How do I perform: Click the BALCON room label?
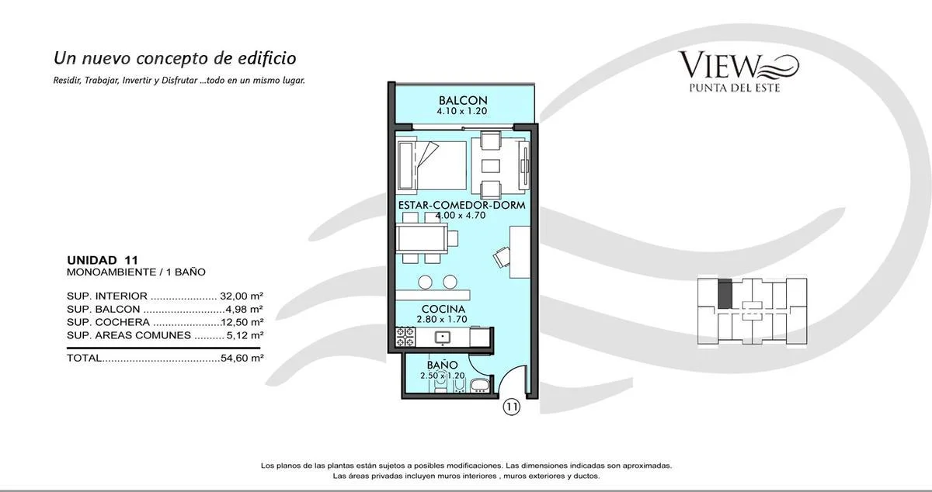[463, 100]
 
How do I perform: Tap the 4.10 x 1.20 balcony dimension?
[462, 111]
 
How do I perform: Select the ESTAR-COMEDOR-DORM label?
[462, 205]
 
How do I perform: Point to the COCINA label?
[443, 309]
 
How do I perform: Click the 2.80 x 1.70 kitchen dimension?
[442, 319]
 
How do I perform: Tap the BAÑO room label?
[442, 365]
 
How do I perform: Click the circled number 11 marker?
[511, 407]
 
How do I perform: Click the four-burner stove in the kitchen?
[405, 337]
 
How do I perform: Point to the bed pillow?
[407, 166]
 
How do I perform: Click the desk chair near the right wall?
[503, 257]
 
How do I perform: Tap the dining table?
[422, 238]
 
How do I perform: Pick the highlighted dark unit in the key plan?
[725, 293]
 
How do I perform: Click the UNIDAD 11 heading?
[103, 260]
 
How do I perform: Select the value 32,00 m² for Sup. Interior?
[242, 296]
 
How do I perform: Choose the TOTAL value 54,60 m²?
[242, 358]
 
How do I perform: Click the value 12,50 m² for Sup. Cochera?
[242, 322]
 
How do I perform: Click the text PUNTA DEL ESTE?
[735, 88]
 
